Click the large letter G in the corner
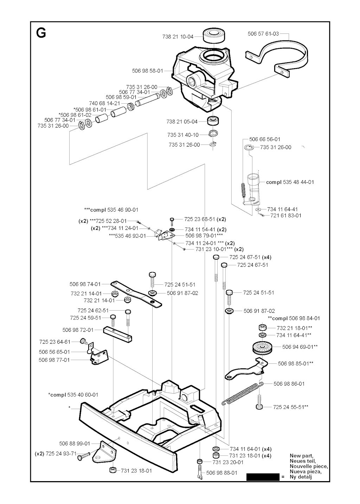(41, 33)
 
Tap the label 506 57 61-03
(263, 34)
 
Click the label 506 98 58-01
(148, 71)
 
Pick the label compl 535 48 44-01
(290, 182)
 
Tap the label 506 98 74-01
(85, 284)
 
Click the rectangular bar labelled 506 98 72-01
(118, 335)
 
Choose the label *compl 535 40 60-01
(73, 395)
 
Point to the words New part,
(301, 456)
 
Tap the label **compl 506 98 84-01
(294, 318)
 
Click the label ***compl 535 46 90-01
(111, 210)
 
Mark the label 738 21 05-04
(182, 122)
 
